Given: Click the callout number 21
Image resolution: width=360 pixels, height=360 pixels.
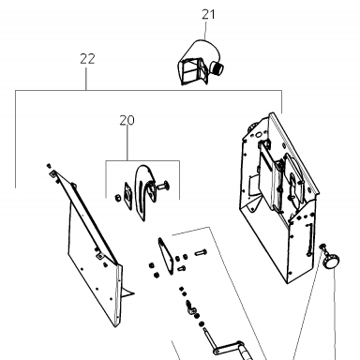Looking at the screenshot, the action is coord(208,15).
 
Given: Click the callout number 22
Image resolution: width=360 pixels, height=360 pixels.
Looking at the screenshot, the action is coord(87,59).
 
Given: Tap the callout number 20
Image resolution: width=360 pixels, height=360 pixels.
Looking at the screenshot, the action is coord(127,120).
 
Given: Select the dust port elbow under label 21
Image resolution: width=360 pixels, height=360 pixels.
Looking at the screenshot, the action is coord(200,64).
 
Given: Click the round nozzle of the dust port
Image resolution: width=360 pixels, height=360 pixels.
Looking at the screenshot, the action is coord(217,67).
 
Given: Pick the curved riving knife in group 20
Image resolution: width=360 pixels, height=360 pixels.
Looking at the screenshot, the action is coord(143,191).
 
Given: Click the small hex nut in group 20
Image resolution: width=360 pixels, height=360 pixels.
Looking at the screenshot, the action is coord(118,198).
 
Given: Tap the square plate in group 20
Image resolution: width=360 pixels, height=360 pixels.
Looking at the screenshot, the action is coord(128,196).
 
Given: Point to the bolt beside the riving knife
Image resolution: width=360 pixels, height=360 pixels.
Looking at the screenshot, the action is coord(163,187).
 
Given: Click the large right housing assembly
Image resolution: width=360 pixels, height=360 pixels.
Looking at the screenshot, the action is coord(279,197).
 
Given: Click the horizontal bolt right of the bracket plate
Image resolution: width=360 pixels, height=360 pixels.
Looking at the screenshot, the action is coord(201,252).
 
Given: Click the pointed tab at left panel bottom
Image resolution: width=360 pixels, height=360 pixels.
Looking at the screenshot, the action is coord(127,292).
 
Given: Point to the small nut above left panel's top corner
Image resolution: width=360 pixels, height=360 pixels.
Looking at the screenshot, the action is coord(49,165).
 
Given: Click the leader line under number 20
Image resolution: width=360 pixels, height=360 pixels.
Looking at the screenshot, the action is coord(127,143).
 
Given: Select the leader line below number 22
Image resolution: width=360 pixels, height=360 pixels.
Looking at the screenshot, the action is coord(86,78).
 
